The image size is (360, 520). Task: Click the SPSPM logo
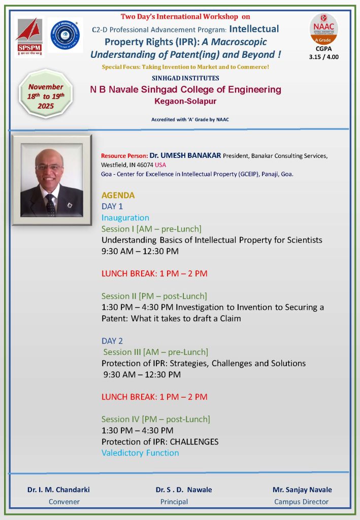[29, 37]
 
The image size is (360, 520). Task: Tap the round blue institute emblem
[65, 35]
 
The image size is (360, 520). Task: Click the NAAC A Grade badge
[323, 29]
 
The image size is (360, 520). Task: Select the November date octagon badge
[46, 94]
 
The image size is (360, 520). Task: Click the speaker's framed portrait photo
[51, 180]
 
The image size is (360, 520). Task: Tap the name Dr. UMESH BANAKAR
[185, 155]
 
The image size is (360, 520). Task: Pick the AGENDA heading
[118, 195]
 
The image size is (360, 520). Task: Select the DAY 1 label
[112, 207]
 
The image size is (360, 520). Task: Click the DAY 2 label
[112, 341]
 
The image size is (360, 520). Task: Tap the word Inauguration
[125, 218]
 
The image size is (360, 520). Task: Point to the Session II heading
[154, 296]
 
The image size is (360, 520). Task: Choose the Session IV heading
[155, 419]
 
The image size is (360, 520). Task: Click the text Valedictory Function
[140, 452]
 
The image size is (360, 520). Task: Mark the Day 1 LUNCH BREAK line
[154, 274]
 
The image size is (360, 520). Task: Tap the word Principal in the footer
[174, 502]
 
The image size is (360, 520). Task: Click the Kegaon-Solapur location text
[185, 102]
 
